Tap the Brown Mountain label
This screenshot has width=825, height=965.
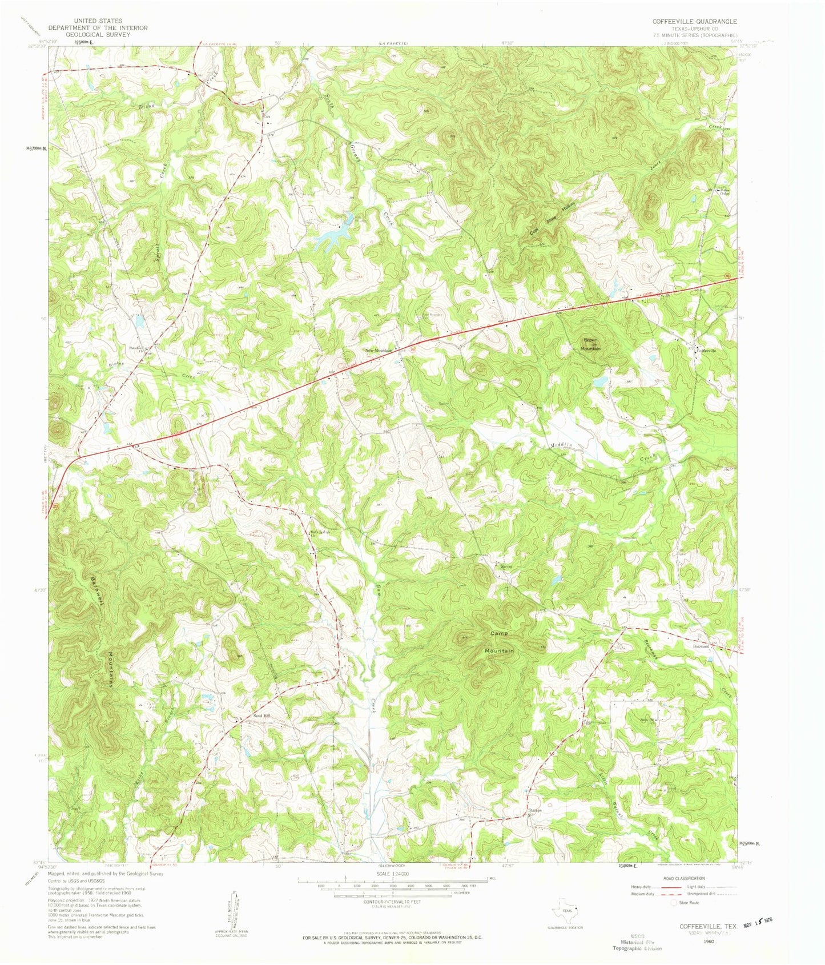[590, 344]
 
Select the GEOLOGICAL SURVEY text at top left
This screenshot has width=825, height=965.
[98, 34]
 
